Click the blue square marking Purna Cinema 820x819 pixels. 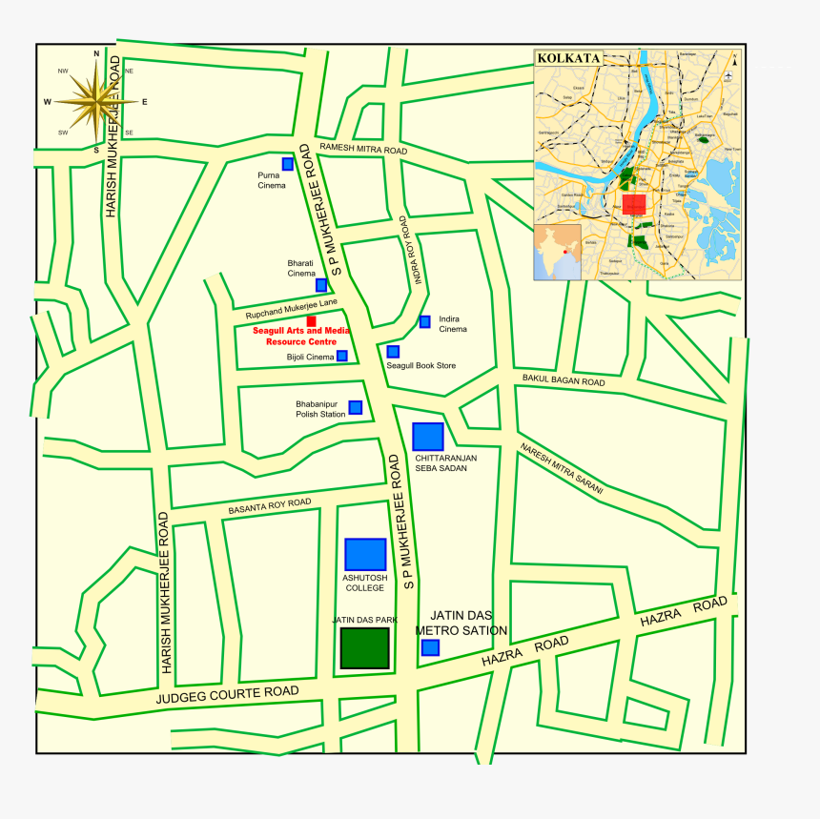click(288, 164)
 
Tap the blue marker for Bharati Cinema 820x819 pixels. click(321, 285)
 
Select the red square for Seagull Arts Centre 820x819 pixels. click(312, 320)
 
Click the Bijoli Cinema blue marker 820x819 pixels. click(341, 356)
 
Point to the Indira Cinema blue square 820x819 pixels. click(424, 321)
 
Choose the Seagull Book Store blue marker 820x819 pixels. click(393, 352)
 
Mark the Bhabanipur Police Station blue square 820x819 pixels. click(355, 407)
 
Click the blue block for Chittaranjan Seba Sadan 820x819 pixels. click(428, 436)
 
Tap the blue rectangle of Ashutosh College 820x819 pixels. click(365, 554)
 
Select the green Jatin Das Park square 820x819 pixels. click(365, 647)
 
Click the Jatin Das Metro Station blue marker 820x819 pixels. click(430, 647)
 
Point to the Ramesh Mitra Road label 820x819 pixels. click(363, 150)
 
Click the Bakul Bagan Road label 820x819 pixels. click(563, 380)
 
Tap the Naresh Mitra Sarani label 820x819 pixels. click(562, 468)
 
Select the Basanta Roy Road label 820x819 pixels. click(269, 506)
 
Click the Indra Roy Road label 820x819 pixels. click(410, 251)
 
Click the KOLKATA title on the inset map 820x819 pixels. click(568, 58)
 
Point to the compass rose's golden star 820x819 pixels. click(96, 101)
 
